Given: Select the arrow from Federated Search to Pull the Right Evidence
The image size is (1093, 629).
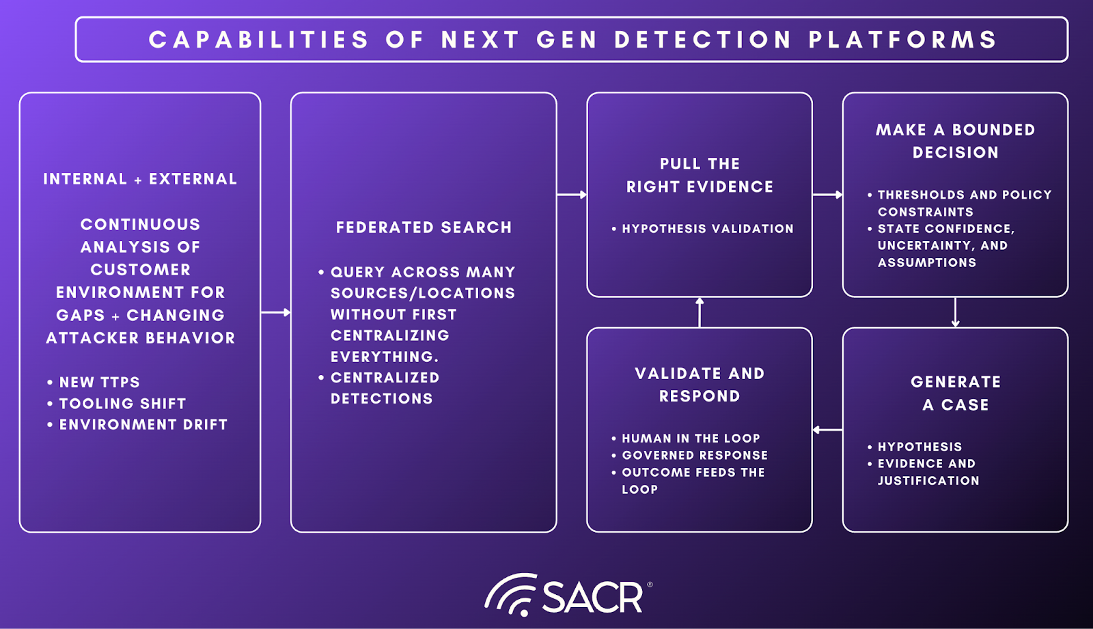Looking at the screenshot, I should (x=572, y=195).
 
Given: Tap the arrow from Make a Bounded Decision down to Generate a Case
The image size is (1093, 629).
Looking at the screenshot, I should (x=955, y=312).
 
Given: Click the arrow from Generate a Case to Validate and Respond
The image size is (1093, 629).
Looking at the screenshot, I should (x=827, y=430).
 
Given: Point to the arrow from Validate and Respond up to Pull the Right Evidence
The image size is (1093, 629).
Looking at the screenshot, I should (x=700, y=312).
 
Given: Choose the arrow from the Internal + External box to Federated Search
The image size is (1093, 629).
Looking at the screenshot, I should (x=276, y=312).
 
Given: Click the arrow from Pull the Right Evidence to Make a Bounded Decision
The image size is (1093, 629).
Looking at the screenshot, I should (x=827, y=195).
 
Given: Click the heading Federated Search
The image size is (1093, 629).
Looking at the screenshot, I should (x=424, y=227).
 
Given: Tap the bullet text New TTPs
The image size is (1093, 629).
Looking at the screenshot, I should (x=99, y=382).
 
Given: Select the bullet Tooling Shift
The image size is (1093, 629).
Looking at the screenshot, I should (x=122, y=404).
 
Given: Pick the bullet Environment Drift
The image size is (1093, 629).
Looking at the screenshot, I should (x=143, y=425).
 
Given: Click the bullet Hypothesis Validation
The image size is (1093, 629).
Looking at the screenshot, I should (x=707, y=229).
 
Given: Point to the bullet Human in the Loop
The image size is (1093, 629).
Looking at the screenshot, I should (x=691, y=438).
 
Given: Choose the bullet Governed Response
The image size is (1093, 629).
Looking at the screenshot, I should (x=695, y=456).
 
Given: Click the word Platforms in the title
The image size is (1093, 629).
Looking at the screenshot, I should (x=902, y=40).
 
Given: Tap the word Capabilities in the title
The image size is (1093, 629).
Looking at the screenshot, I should (x=259, y=40).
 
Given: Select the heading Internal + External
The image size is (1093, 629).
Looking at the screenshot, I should (x=140, y=179).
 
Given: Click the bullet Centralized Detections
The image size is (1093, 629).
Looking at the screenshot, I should (x=385, y=388).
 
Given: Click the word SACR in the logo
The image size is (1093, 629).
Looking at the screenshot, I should (x=592, y=598).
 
